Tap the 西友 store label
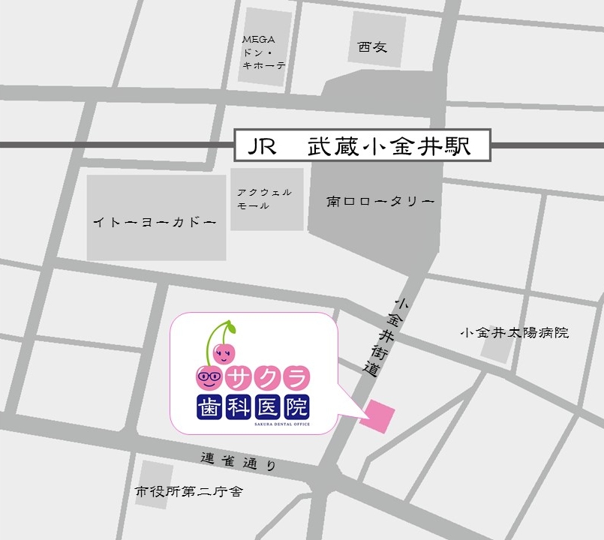(372, 46)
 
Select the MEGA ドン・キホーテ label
(263, 52)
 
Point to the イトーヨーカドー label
(155, 222)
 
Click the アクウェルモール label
(263, 199)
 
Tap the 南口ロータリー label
(380, 202)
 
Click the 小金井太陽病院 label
(515, 331)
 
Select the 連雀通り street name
(239, 460)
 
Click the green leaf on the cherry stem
(230, 327)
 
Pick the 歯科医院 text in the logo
(252, 407)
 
